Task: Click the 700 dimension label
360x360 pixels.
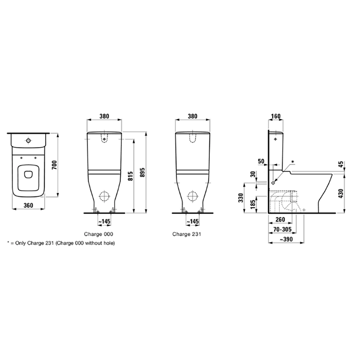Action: pos(54,165)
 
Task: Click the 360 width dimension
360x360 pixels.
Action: pos(28,205)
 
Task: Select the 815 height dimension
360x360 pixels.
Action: pos(130,176)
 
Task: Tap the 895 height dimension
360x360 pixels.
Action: pos(142,172)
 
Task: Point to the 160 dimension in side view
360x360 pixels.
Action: pos(276,116)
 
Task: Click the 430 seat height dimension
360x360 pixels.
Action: pos(341,193)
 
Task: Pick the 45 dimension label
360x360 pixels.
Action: pos(341,165)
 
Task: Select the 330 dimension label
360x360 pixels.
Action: pos(241,198)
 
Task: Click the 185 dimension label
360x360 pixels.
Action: pos(253,204)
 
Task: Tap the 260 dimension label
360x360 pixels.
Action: pos(280,220)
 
